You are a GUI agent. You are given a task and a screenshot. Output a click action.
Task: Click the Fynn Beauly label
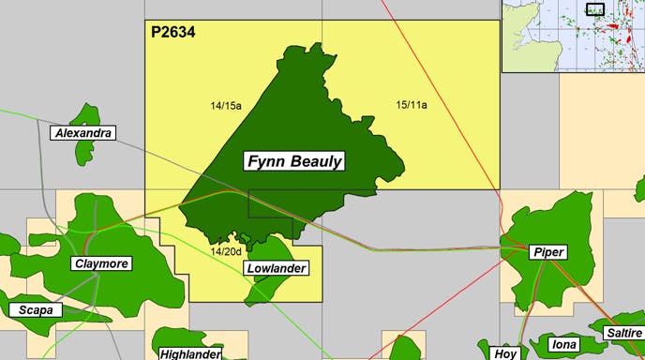click(294, 161)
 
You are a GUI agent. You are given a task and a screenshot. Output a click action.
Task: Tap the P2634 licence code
click(173, 33)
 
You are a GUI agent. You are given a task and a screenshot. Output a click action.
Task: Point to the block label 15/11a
click(412, 105)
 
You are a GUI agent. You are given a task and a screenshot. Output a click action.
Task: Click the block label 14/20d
click(226, 251)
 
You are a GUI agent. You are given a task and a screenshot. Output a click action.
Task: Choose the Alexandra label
click(83, 133)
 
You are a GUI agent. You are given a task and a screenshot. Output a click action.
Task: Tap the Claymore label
click(101, 263)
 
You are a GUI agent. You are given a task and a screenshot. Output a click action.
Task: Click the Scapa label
click(36, 309)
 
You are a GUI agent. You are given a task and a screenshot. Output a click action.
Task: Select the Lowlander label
click(277, 269)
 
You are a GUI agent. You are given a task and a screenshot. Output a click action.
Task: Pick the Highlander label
click(190, 354)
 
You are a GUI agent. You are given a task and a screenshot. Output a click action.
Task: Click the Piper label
click(547, 252)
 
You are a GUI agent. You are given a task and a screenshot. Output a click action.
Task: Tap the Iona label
click(564, 345)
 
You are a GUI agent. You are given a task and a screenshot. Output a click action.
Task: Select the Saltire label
click(623, 333)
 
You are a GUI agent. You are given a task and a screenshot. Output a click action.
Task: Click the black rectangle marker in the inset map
click(594, 9)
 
